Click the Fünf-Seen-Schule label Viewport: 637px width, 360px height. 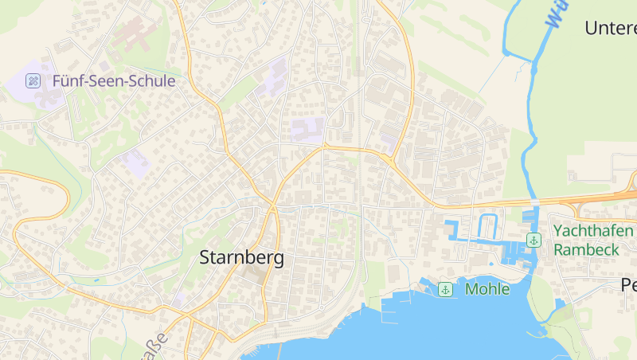pos(114,80)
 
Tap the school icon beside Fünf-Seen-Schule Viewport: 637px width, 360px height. pos(33,80)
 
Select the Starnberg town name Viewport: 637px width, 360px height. pos(241,258)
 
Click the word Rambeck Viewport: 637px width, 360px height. pos(586,249)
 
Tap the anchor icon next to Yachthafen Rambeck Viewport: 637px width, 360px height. pos(533,240)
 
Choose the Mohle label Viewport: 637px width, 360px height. pos(487,289)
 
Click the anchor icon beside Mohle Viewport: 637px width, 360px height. pos(446,289)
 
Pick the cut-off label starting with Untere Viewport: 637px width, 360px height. pos(611,28)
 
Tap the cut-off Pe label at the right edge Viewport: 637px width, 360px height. pos(629,286)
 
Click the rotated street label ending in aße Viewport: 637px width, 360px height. pos(155,346)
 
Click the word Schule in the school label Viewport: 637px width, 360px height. pos(149,80)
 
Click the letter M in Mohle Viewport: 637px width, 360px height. pos(472,289)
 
